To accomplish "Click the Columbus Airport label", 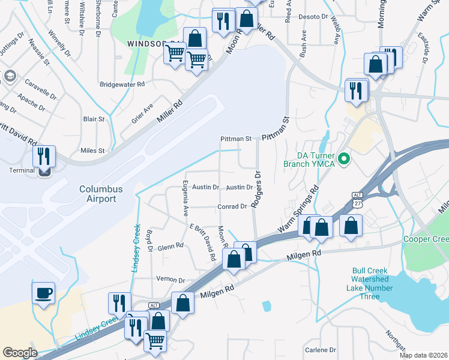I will pos(101,193).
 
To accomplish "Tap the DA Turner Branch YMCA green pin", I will pos(344,160).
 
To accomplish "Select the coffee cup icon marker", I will pos(43,293).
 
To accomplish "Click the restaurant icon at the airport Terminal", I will pos(44,157).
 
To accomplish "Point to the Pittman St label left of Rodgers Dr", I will pos(236,139).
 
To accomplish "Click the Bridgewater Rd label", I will pos(122,85).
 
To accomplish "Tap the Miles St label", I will pos(92,150).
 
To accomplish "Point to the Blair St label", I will pos(94,119).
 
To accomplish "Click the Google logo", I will pos(20,352).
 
